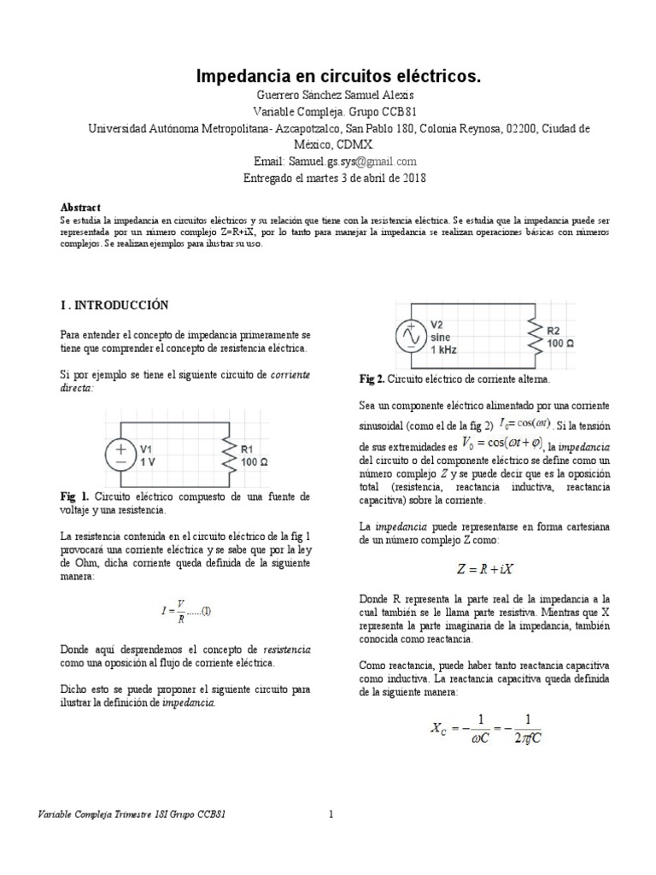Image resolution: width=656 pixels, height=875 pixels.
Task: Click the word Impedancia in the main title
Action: click(x=239, y=77)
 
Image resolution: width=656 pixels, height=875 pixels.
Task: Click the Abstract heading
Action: click(x=80, y=208)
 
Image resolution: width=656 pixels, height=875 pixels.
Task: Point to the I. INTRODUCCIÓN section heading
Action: click(x=114, y=305)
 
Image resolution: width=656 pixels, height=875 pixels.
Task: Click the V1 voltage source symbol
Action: click(x=121, y=454)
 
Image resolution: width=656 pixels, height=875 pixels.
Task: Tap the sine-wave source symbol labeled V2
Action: click(x=409, y=338)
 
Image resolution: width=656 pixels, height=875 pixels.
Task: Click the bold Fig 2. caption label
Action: click(x=372, y=378)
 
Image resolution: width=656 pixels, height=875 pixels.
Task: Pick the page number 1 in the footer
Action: click(x=331, y=815)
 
